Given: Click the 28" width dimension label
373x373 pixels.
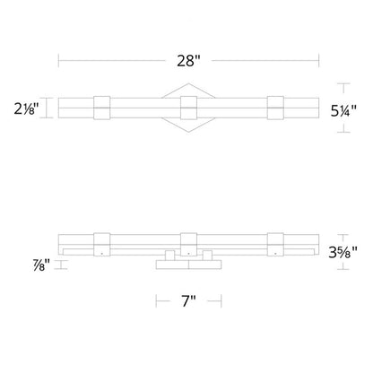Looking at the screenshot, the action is tap(188, 61).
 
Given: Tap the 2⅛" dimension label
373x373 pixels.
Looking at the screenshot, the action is tap(27, 108).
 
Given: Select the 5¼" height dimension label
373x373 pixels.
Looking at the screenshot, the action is tap(343, 111).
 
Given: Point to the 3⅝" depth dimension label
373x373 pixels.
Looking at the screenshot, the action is tap(343, 253).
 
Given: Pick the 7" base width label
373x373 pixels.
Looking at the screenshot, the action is tap(188, 300).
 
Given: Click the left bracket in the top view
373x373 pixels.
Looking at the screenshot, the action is tap(102, 108).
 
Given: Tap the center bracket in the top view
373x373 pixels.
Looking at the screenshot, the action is tap(188, 108).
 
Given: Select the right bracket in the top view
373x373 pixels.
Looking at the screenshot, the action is tap(275, 108).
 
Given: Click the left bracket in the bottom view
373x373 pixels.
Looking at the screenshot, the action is tap(102, 245).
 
